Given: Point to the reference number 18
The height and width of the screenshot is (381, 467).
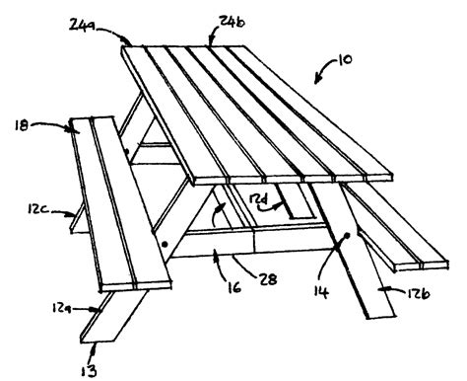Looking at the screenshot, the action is (24, 126).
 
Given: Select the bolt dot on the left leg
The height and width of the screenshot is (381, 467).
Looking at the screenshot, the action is (167, 242).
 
